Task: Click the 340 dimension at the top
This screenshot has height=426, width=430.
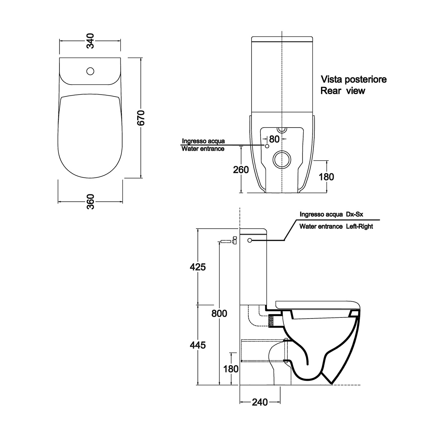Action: [90, 40]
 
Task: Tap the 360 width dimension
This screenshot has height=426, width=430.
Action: [90, 202]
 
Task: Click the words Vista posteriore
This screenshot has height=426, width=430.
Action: [353, 79]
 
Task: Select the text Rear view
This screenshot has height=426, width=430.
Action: [343, 91]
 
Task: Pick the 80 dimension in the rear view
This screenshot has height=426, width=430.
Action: [274, 139]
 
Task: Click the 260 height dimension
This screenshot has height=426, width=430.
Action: [241, 169]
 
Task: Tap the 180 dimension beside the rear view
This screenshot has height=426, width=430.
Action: [326, 177]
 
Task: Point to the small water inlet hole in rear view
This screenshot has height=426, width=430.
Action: [267, 146]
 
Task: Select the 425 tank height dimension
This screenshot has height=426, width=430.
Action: [198, 267]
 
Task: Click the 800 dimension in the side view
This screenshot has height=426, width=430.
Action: [219, 313]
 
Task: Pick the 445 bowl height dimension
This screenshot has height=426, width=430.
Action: [198, 345]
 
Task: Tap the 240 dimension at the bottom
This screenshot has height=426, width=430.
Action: [260, 402]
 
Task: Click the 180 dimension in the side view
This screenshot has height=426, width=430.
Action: [231, 368]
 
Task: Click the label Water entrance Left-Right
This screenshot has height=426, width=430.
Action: [336, 226]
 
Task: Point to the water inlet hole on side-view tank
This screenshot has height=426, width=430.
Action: [250, 240]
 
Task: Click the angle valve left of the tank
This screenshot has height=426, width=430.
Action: [234, 240]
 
